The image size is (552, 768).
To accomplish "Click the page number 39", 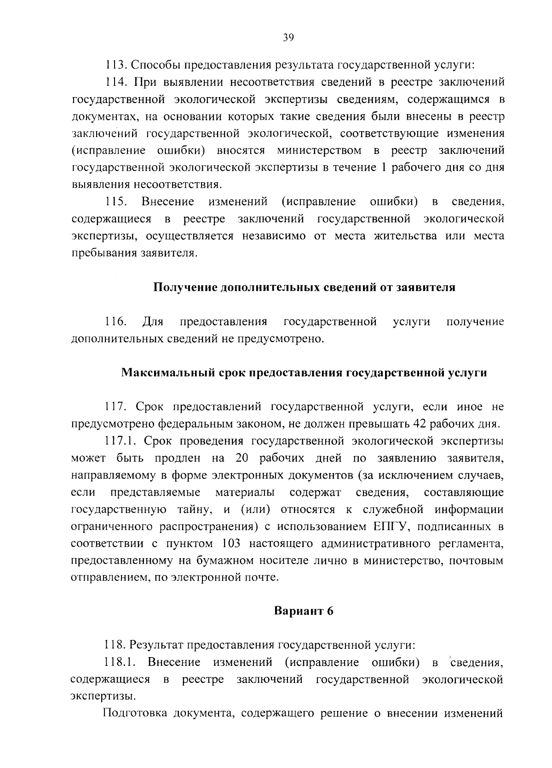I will [x=288, y=38].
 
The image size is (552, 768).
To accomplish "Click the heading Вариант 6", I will [x=303, y=611].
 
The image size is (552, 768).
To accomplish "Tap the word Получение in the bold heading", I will [x=185, y=288].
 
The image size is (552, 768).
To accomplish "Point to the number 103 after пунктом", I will [x=231, y=543].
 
